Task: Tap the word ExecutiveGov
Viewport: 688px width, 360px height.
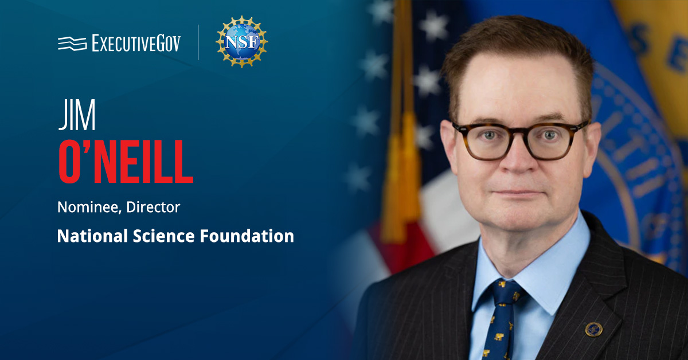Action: (x=136, y=43)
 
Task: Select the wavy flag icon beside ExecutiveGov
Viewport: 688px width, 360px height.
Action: (x=72, y=43)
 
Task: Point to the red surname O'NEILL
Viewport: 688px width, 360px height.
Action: (x=126, y=162)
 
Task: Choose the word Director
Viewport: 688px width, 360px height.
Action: (x=153, y=207)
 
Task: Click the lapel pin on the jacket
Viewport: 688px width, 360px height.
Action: (x=593, y=329)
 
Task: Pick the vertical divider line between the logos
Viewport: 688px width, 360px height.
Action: (x=198, y=42)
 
